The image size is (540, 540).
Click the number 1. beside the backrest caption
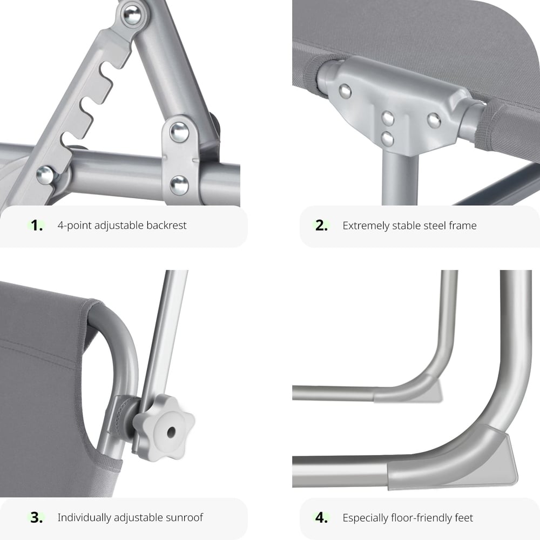37,225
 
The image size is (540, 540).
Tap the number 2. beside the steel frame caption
321,225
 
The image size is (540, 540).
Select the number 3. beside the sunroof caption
37,517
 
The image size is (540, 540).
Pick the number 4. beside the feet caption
321,517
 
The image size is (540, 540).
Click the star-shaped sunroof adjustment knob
164,428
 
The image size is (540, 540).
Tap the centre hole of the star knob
171,432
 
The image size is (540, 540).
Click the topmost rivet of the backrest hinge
132,15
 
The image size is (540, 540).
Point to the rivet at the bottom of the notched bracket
45,174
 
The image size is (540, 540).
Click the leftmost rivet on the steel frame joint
345,91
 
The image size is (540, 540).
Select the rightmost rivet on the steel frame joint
434,120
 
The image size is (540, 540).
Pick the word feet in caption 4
463,517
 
